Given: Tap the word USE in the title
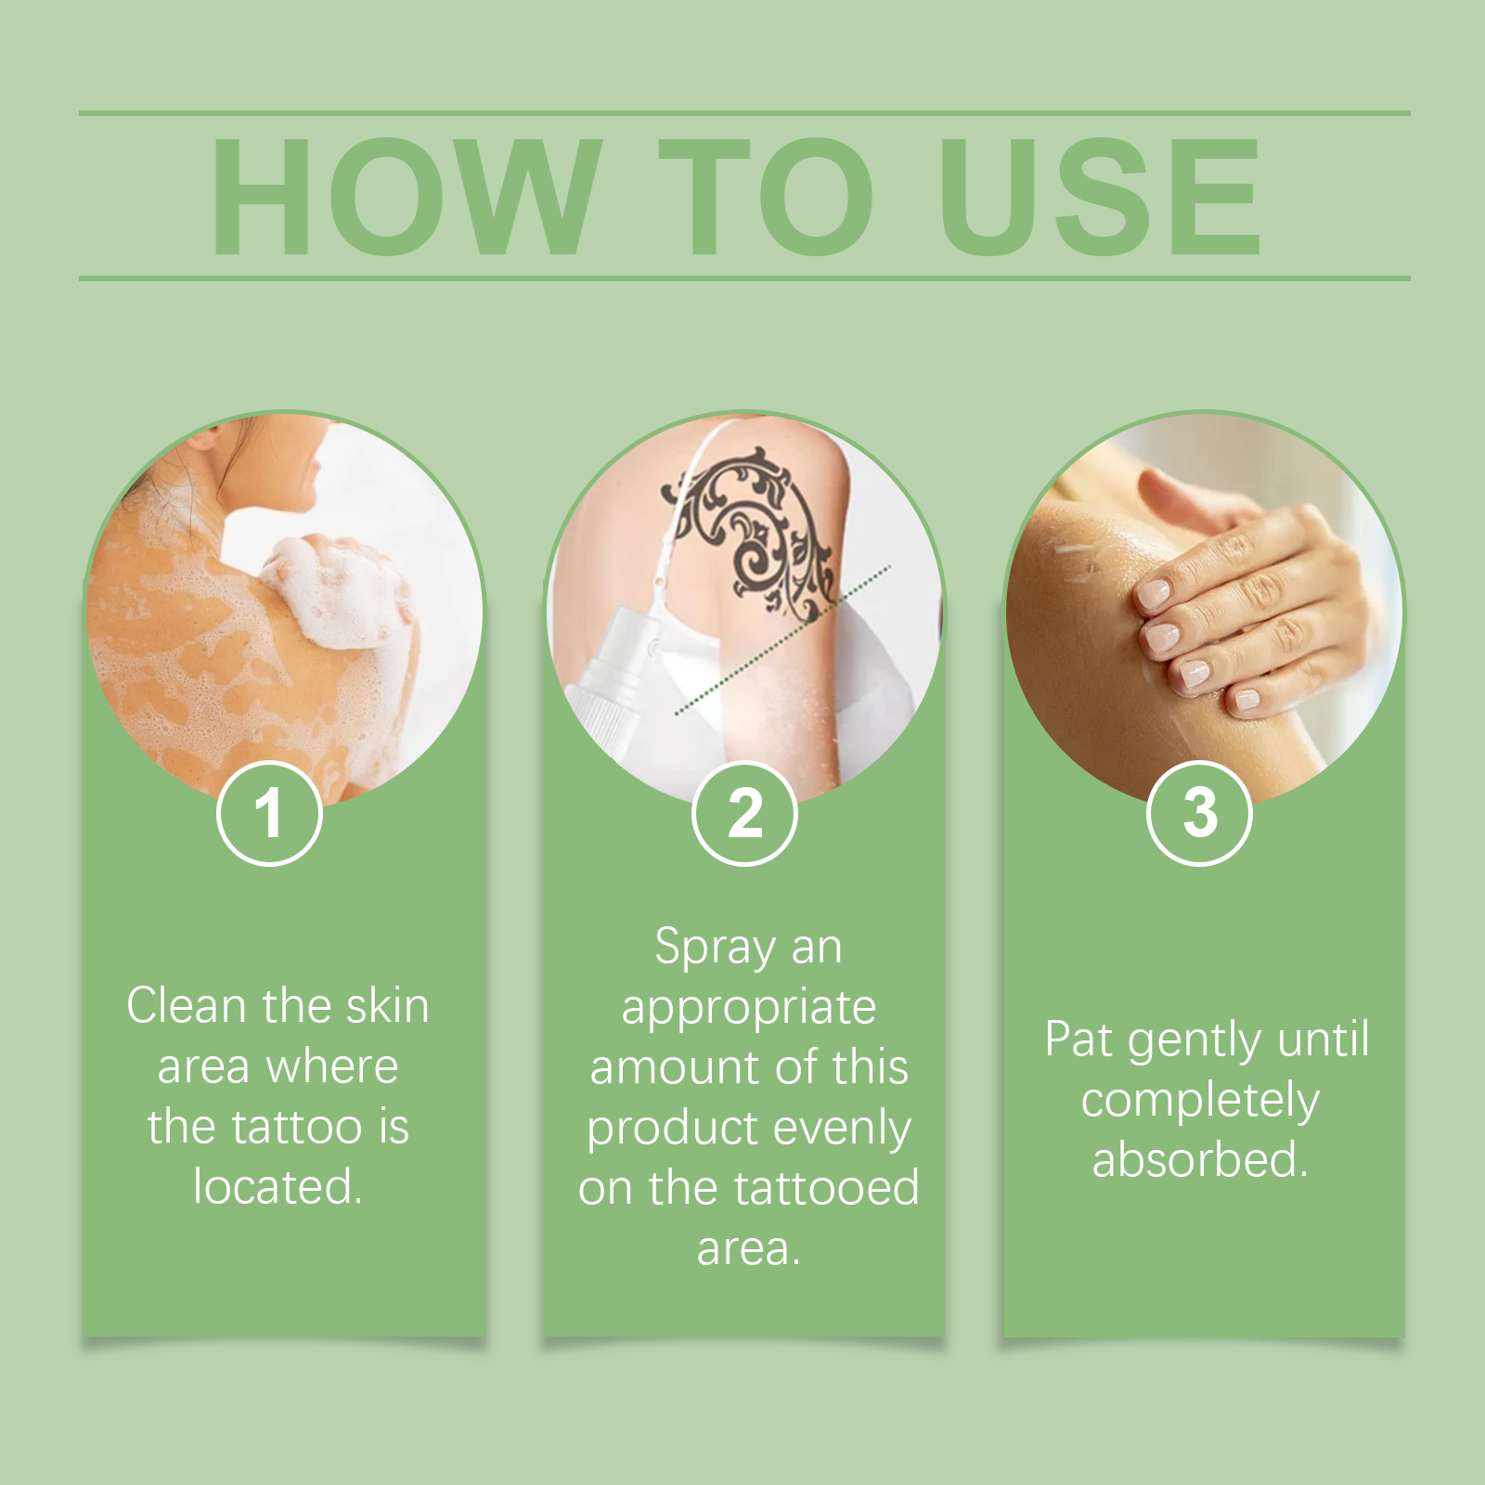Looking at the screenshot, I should tap(1099, 196).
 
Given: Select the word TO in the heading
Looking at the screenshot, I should tap(766, 196).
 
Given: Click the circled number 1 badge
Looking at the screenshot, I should tap(269, 813).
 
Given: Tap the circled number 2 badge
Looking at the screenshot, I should tap(744, 813).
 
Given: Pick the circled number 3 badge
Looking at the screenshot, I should tap(1199, 813).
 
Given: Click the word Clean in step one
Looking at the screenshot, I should tap(189, 1006).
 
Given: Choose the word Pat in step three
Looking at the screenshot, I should tap(1078, 1039).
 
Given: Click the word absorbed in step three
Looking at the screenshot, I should tap(1199, 1160).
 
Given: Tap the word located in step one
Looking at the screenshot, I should tap(277, 1187).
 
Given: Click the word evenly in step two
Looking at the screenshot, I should tap(842, 1130).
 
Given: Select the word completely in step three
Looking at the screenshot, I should tap(1199, 1102).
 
